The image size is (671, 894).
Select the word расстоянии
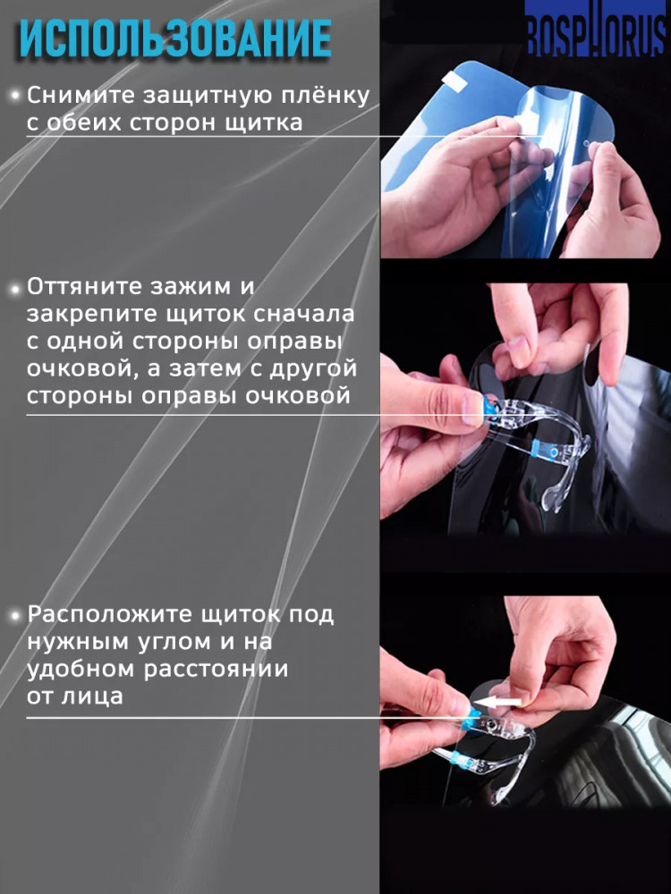pos(216,670)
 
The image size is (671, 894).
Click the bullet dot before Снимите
pos(15,96)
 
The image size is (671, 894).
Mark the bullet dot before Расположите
pos(15,617)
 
